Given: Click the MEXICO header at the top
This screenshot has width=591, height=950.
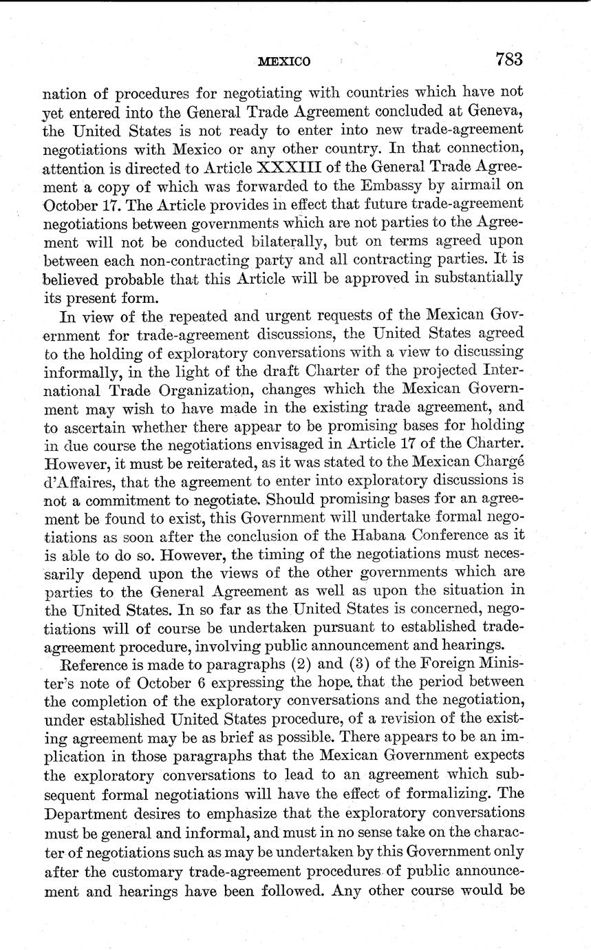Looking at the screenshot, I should click(284, 61).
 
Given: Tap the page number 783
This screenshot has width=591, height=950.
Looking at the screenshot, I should click(508, 59).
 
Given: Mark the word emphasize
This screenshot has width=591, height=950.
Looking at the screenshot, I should click(224, 814).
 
